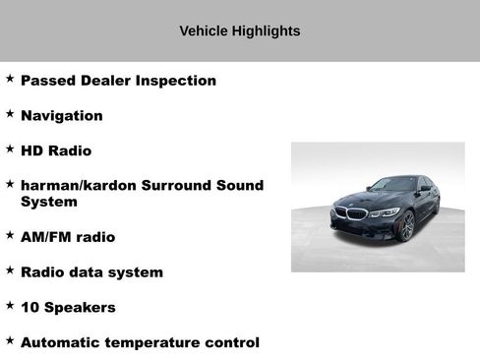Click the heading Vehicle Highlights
click(x=239, y=31)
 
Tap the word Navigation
click(x=61, y=115)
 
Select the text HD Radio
click(x=55, y=150)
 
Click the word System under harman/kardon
click(x=48, y=202)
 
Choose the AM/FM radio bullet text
click(x=67, y=237)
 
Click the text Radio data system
click(x=91, y=271)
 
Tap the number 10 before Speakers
click(x=30, y=307)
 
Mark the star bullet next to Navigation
click(x=10, y=114)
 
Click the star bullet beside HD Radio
click(x=10, y=150)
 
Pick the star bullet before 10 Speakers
click(x=10, y=306)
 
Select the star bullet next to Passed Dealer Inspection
click(x=10, y=80)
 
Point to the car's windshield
click(x=391, y=185)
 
